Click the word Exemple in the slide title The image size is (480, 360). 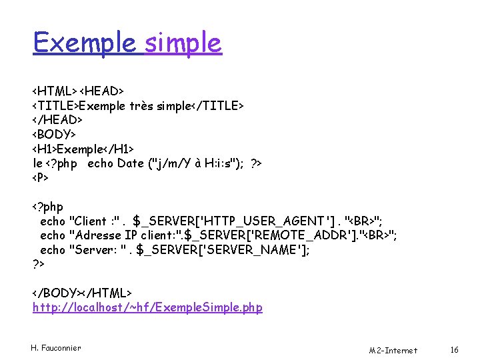point(85,43)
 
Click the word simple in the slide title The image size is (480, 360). point(183,43)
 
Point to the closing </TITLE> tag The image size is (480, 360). point(218,105)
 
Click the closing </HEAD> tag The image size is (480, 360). point(58,119)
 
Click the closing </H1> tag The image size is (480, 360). point(118,149)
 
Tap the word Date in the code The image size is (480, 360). point(130,163)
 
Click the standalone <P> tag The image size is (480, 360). point(41,178)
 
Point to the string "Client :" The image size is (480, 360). point(97,221)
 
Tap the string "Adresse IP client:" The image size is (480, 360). point(125,235)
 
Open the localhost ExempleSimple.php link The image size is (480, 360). point(147,307)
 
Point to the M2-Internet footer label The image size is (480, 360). point(393,350)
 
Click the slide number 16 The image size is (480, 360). point(455,349)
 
